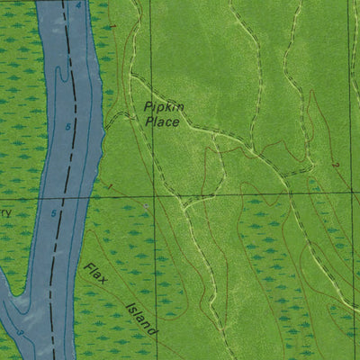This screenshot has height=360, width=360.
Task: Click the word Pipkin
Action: click(x=164, y=106)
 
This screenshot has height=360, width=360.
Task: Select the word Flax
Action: click(x=95, y=275)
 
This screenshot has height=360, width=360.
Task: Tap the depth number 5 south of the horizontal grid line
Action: click(x=55, y=212)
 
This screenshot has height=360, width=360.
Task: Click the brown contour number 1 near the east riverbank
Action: click(x=108, y=186)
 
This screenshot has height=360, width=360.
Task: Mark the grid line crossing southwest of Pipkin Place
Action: click(x=150, y=193)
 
